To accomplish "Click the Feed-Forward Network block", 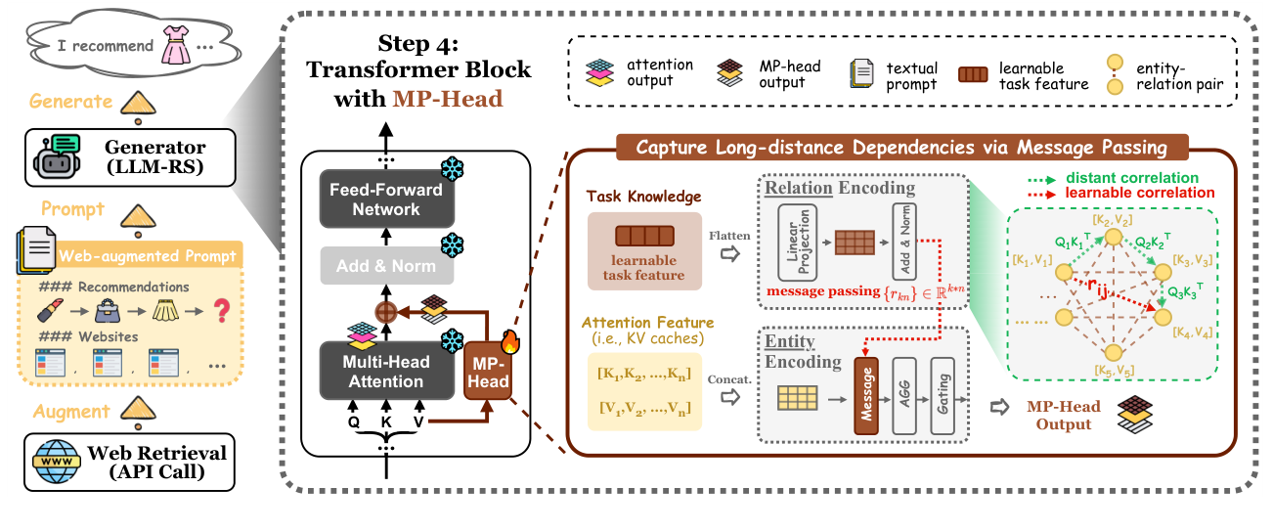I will (386, 199).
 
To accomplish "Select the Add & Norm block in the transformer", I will (386, 266).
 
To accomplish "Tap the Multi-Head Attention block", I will (386, 371).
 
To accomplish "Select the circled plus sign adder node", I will (386, 314).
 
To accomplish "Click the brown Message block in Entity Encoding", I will (866, 396).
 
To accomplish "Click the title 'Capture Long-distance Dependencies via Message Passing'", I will (902, 149).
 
